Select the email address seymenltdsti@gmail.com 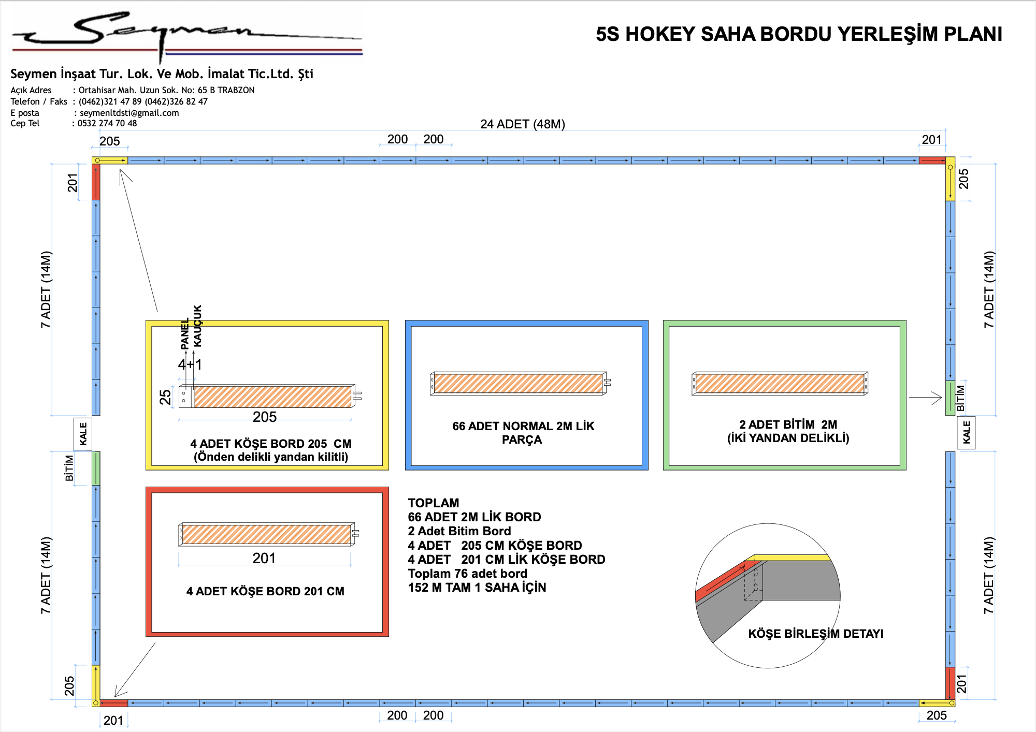tap(129, 113)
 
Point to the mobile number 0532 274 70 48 tap(107, 123)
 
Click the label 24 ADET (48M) tap(522, 124)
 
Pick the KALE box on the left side tap(83, 434)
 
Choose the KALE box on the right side tap(966, 432)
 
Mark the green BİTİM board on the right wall tap(950, 398)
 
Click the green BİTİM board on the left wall tap(96, 469)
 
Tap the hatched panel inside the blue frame tap(518, 384)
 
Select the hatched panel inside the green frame tap(780, 384)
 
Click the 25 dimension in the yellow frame tap(165, 397)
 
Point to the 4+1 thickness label tap(190, 364)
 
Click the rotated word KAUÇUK tap(197, 326)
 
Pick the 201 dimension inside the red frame tap(264, 558)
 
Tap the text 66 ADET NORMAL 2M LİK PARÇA tap(523, 433)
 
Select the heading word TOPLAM tap(434, 503)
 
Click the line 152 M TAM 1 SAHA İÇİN tap(477, 588)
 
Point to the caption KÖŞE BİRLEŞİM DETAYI tap(816, 634)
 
